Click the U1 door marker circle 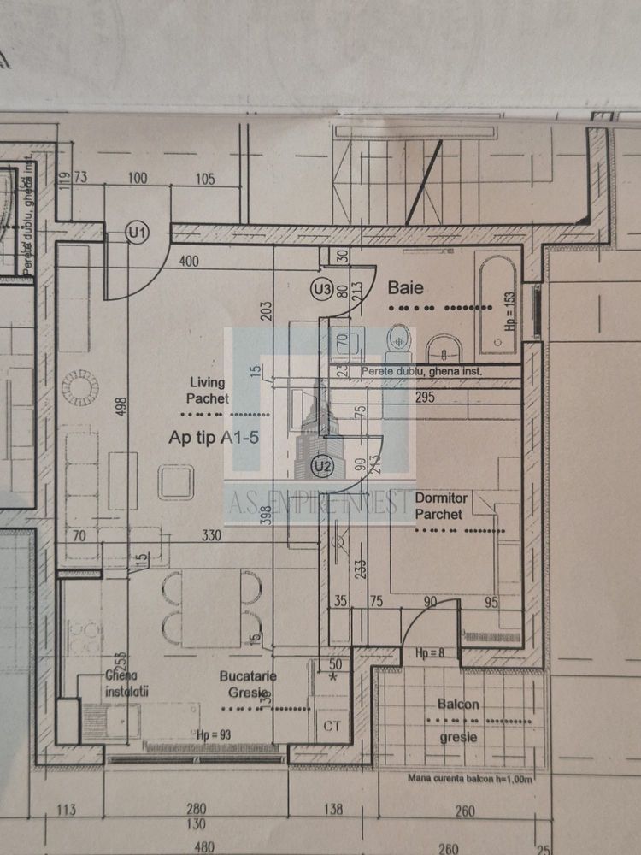tap(137, 232)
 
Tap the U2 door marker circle tap(322, 466)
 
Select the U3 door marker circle tap(322, 290)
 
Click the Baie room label tap(407, 287)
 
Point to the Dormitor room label tap(438, 506)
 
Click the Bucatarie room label tap(248, 683)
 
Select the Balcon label tap(458, 705)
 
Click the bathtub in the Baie tap(497, 304)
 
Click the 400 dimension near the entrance tap(190, 261)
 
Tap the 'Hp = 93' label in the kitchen tap(214, 734)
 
